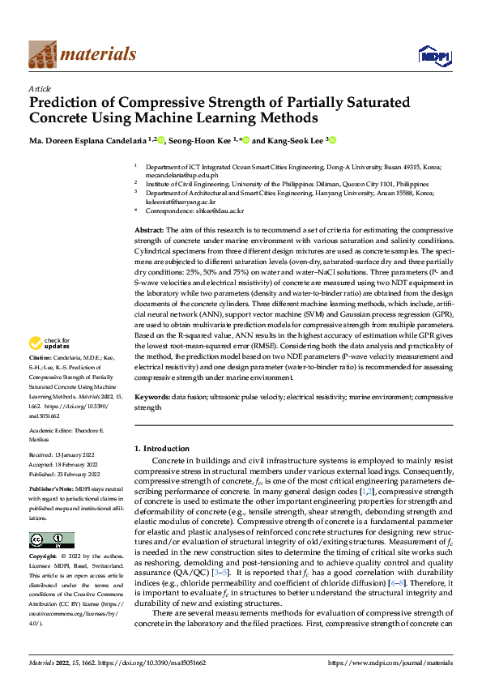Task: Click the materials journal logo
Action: point(82,54)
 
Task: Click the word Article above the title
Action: point(40,88)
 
